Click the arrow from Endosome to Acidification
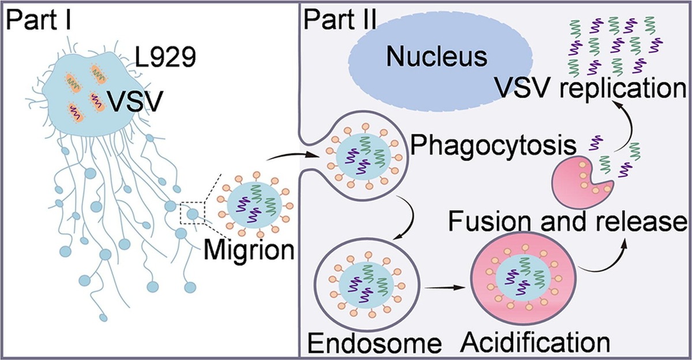click(443, 284)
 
